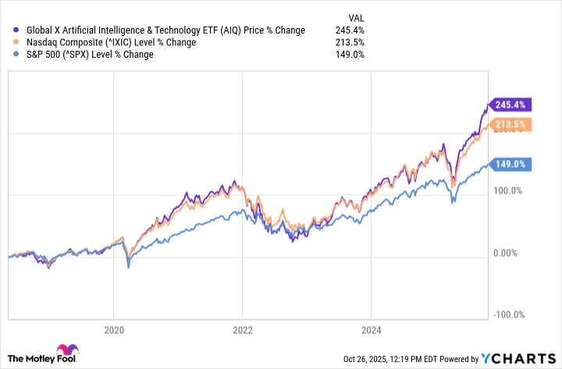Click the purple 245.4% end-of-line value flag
510,105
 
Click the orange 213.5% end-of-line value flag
510,124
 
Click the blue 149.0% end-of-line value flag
510,164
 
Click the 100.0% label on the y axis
510,190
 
